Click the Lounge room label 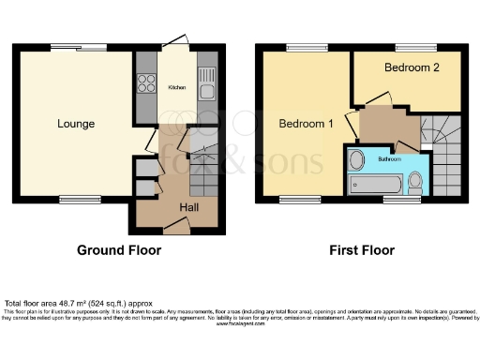[76, 123]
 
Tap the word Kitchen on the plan [176, 87]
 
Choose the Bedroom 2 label [412, 68]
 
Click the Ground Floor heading [119, 250]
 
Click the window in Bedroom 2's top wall [409, 47]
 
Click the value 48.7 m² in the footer [65, 304]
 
